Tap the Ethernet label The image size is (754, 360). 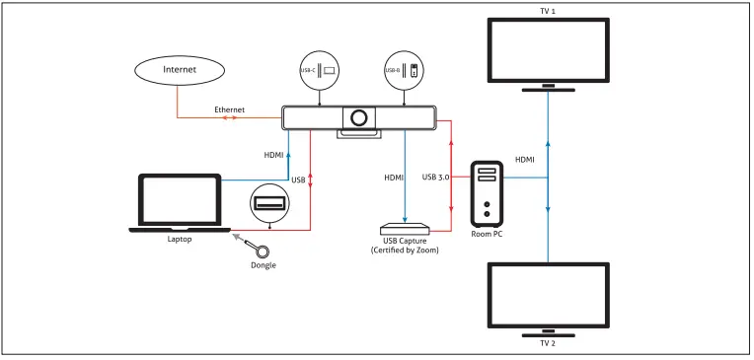(x=229, y=109)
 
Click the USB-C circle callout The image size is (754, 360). (x=320, y=70)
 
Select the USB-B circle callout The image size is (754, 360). (x=404, y=70)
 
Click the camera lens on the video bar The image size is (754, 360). (x=358, y=117)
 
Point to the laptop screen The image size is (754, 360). (x=180, y=199)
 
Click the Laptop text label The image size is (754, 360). (x=180, y=239)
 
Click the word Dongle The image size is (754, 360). (x=264, y=265)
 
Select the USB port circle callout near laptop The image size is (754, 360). (x=269, y=203)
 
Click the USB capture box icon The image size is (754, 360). (x=405, y=227)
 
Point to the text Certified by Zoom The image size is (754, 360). (x=405, y=250)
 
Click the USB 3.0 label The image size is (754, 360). (x=435, y=177)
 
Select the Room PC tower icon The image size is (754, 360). (x=488, y=193)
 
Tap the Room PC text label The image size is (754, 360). (x=487, y=234)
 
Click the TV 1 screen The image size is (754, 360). (x=548, y=50)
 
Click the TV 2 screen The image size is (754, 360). (x=548, y=295)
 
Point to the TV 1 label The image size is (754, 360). (x=548, y=11)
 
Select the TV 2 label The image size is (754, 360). (x=548, y=342)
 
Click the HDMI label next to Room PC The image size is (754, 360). (x=524, y=160)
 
